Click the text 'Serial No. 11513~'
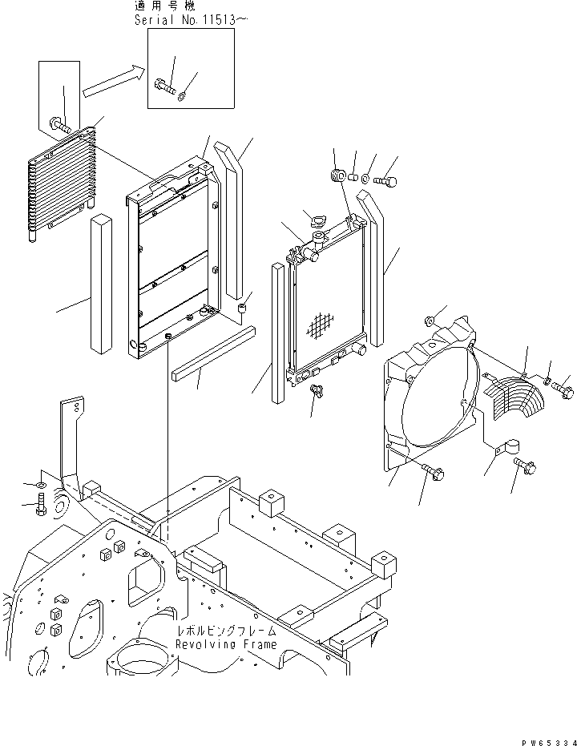pyautogui.click(x=186, y=20)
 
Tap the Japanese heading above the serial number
pyautogui.click(x=164, y=6)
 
